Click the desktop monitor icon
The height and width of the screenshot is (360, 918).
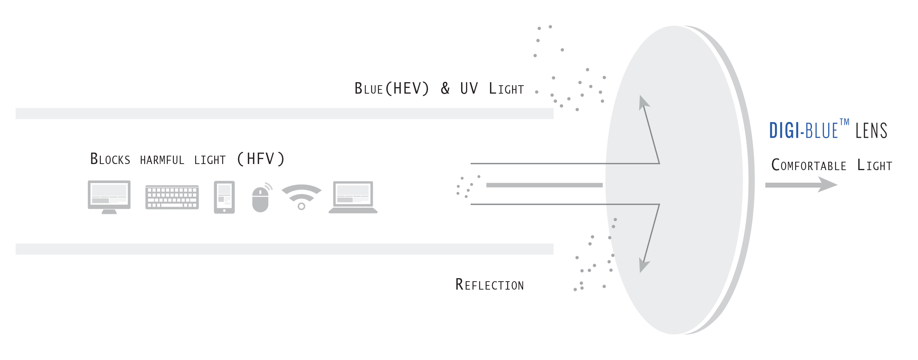(x=109, y=196)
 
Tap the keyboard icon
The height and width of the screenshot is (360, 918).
(x=172, y=197)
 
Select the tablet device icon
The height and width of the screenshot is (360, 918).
(x=224, y=197)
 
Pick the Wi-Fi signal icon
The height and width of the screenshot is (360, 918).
(x=301, y=196)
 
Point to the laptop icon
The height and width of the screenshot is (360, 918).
(x=353, y=197)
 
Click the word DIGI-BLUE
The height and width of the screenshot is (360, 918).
(x=803, y=131)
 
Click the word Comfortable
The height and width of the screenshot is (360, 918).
(x=809, y=165)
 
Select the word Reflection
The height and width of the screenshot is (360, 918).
(x=490, y=285)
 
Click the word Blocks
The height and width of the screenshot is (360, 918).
(x=110, y=159)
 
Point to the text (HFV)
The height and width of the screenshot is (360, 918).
(x=261, y=159)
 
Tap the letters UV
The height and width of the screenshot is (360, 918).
(x=469, y=89)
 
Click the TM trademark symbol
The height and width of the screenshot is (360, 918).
(x=844, y=122)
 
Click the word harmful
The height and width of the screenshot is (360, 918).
(x=162, y=160)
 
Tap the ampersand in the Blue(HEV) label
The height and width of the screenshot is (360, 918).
(x=445, y=89)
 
